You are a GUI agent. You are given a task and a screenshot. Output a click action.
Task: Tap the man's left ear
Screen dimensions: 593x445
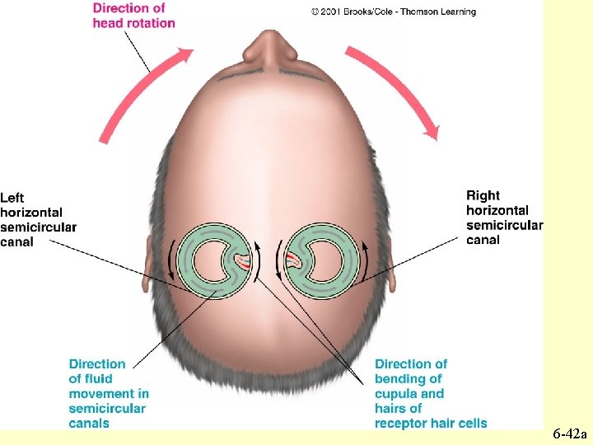coord(149,262)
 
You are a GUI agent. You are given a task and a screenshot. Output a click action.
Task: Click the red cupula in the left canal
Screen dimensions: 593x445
coord(243,263)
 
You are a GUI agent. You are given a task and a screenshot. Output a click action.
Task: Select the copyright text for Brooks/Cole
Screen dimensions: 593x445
coord(393,12)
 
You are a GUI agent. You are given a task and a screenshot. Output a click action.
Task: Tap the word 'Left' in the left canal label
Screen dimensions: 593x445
coord(12,198)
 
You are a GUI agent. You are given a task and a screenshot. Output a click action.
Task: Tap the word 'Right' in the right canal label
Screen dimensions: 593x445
coord(483,195)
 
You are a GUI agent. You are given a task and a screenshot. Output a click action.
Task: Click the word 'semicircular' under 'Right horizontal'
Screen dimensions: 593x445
coord(504,225)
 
